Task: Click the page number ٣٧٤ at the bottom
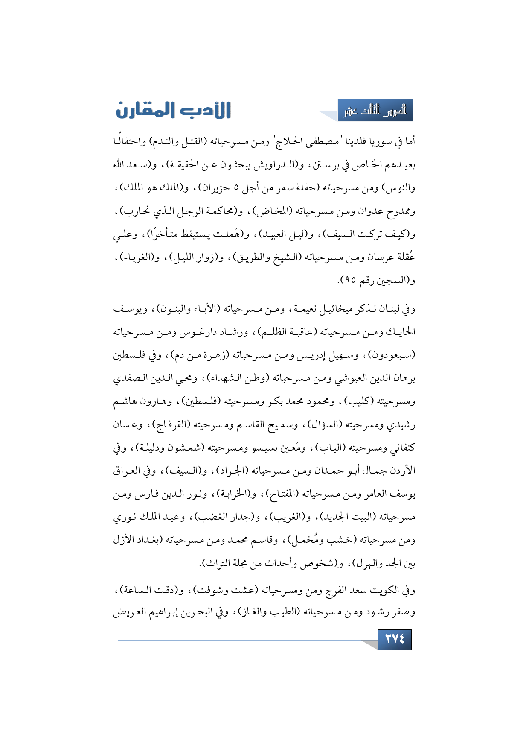coord(395,639)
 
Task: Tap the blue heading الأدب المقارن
coord(173,110)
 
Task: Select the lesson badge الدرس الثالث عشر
coord(375,111)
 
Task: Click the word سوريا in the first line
coord(381,142)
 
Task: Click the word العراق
coord(127,471)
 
